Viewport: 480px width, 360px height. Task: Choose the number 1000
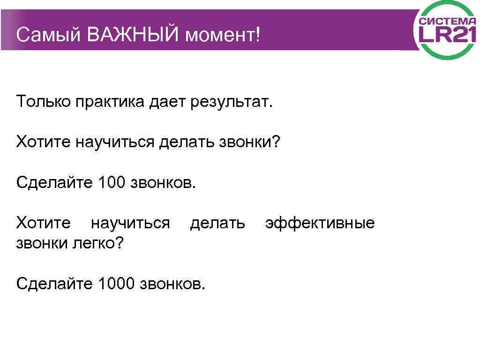pos(117,283)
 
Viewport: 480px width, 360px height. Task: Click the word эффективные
pos(320,223)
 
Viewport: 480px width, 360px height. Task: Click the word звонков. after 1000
pos(173,283)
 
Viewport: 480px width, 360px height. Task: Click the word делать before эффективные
pos(217,223)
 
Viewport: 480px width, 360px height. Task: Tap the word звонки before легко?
pos(42,243)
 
